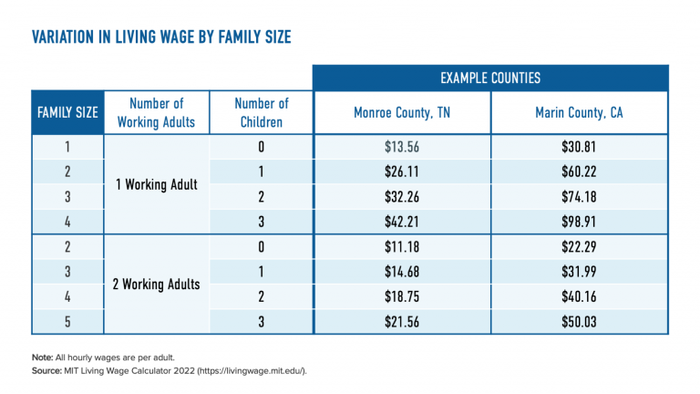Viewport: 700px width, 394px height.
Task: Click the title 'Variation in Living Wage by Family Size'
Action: (161, 37)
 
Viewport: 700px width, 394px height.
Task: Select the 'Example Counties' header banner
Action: (490, 78)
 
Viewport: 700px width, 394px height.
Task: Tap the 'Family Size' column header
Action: (67, 113)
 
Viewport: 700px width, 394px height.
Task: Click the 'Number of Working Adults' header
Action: (157, 113)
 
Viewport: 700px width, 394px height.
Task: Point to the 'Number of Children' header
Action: (261, 113)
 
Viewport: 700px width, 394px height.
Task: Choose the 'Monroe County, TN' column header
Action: (402, 113)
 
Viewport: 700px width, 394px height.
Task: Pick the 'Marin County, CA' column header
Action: (580, 113)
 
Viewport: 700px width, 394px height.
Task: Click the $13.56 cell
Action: (402, 147)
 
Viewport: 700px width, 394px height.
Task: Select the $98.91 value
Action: (580, 221)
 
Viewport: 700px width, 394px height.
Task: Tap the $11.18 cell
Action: (402, 247)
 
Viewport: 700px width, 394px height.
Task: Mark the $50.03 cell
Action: (580, 321)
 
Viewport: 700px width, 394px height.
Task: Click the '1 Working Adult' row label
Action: (157, 184)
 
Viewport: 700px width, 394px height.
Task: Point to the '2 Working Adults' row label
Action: (157, 284)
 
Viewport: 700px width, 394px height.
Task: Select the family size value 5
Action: (67, 321)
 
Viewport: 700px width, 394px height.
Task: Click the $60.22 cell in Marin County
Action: (580, 171)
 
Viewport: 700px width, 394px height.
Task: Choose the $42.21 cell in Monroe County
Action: (402, 221)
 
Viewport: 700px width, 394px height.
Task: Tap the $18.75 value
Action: (402, 296)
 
